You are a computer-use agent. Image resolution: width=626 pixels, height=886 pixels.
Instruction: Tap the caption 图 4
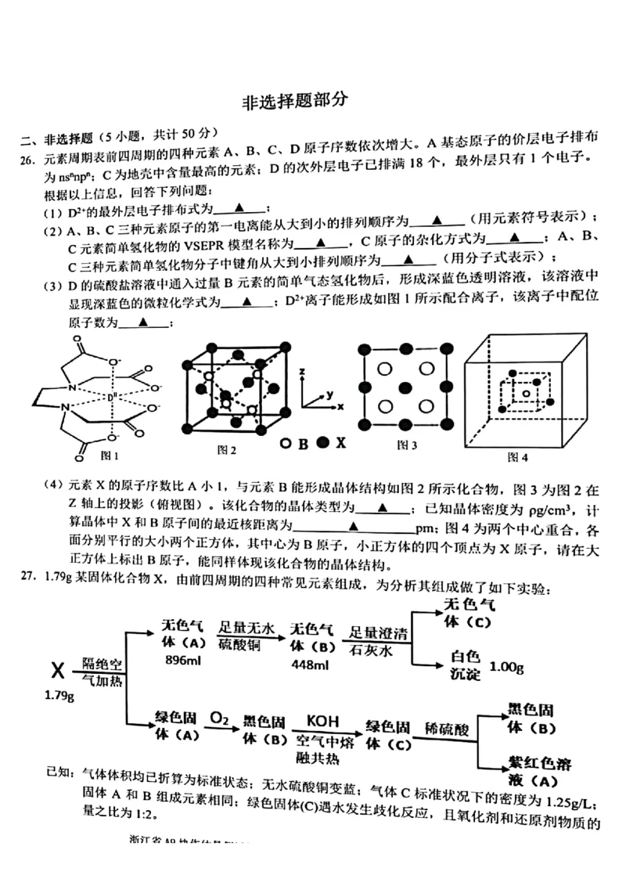(518, 456)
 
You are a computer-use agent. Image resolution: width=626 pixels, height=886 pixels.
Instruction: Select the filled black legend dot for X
(322, 443)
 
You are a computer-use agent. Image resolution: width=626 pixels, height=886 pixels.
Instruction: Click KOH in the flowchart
(322, 720)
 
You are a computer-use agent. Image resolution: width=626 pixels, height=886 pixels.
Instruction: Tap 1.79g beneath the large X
(58, 695)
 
